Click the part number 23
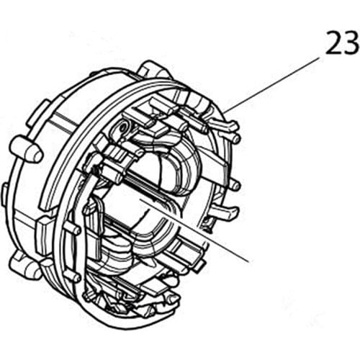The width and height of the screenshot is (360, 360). click(x=341, y=45)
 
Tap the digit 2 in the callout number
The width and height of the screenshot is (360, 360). click(x=333, y=45)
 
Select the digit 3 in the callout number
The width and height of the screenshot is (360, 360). click(x=351, y=45)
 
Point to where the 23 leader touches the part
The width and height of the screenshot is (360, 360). click(x=225, y=111)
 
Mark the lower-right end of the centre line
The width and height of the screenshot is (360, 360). click(x=248, y=258)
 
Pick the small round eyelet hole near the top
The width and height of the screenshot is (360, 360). click(x=123, y=127)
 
